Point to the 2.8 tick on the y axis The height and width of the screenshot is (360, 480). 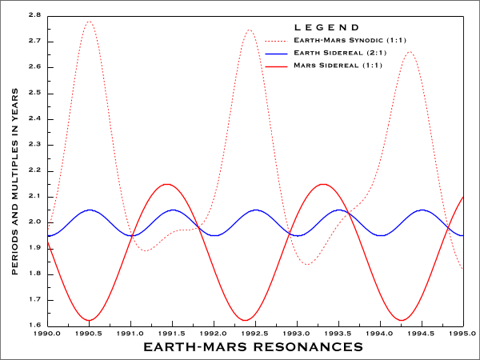tap(34, 15)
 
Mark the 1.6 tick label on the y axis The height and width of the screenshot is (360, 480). tap(34, 326)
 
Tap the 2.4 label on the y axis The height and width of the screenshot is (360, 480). tap(34, 119)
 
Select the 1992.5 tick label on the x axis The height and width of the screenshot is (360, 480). tap(255, 333)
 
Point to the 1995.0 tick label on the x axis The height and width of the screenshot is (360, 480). tap(463, 333)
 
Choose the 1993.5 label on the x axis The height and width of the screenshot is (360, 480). tap(338, 333)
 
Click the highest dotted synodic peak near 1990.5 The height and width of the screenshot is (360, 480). tap(89, 22)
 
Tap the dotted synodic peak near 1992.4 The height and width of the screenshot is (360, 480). tap(249, 30)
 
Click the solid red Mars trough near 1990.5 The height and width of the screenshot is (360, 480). tap(89, 321)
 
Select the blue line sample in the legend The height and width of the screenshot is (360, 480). tap(276, 53)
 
